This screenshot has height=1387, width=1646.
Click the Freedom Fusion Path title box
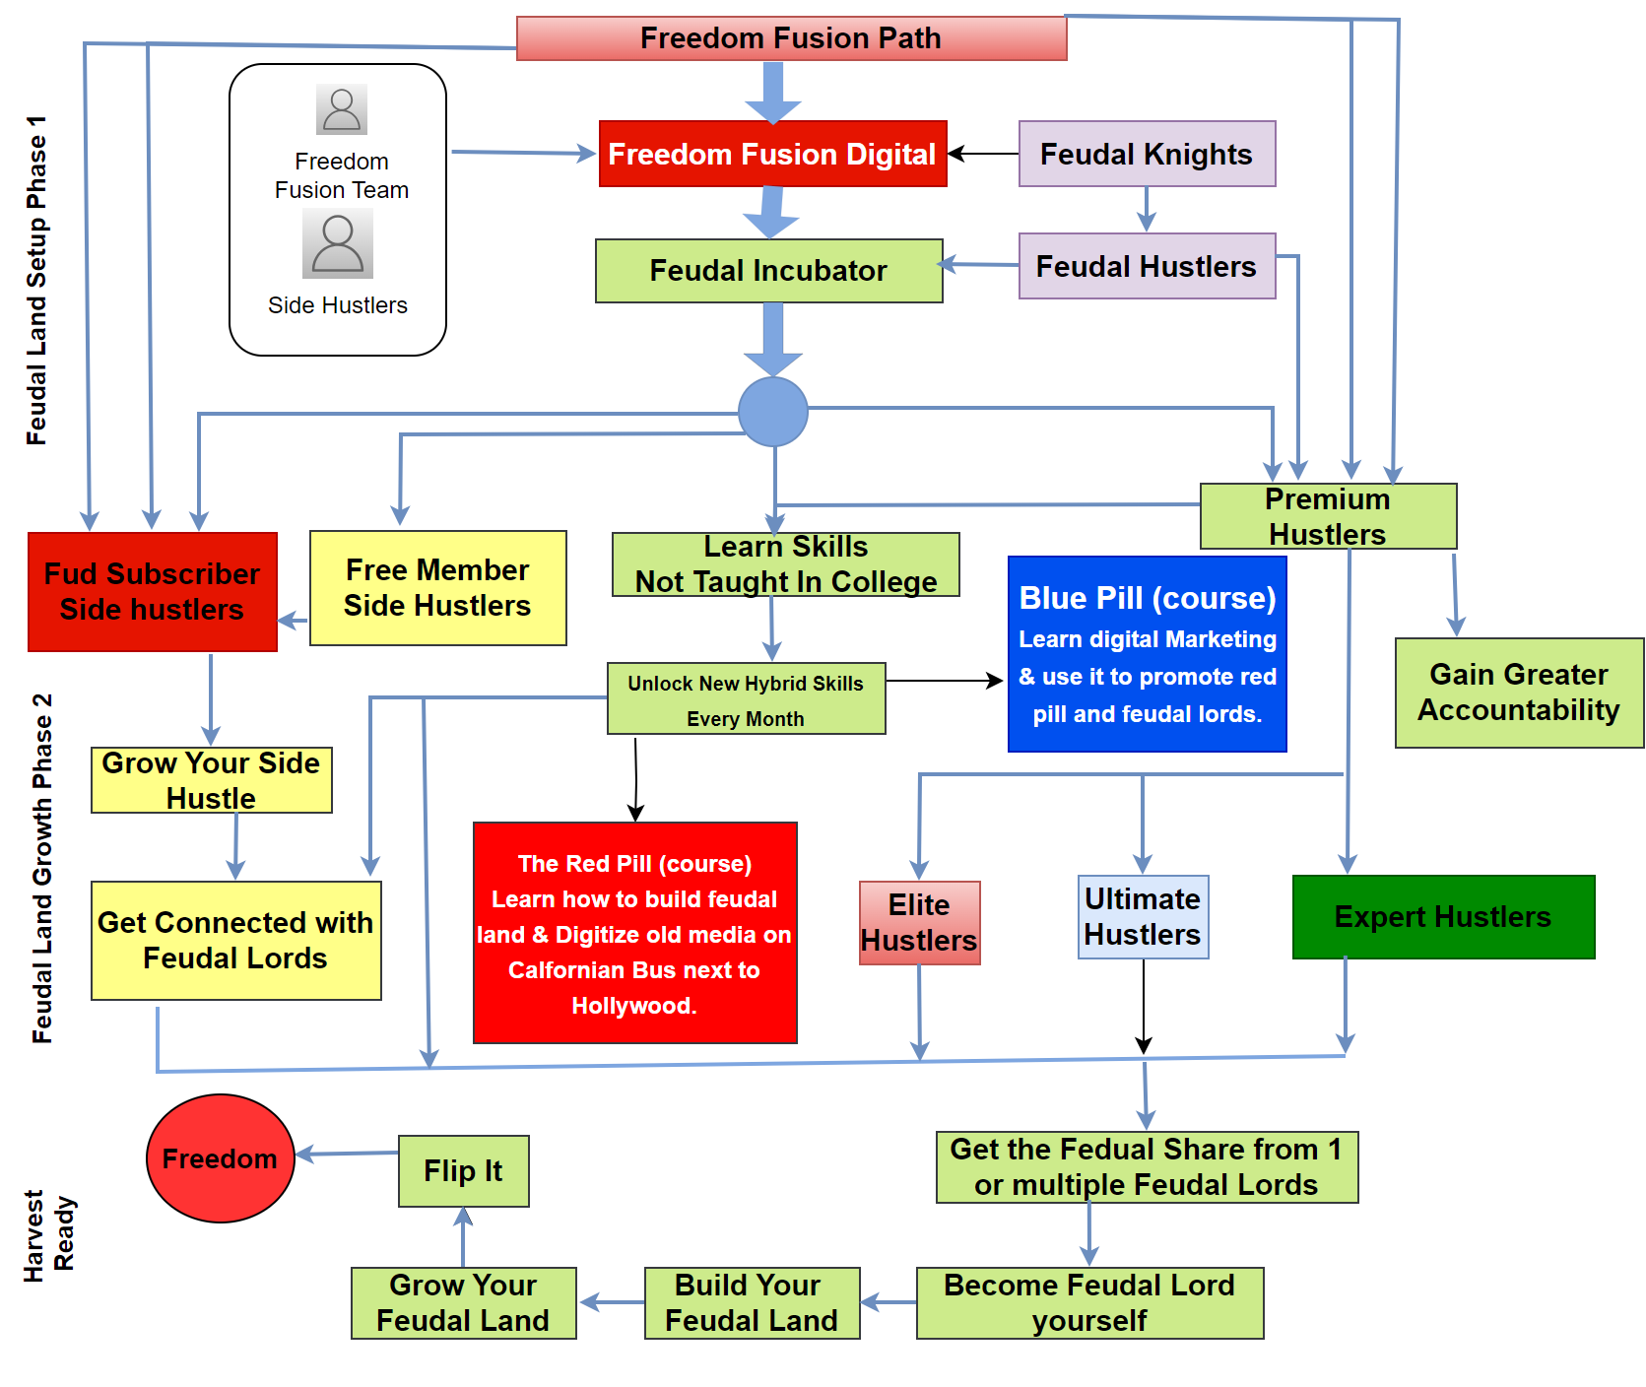791,38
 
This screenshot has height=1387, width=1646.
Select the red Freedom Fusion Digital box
772,154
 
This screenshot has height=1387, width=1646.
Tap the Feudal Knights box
1147,154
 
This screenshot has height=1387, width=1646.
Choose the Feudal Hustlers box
1147,266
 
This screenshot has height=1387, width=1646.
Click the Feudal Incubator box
768,271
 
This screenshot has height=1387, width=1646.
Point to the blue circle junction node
773,412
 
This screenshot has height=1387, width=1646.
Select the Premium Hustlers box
1328,516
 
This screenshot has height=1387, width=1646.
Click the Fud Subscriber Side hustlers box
153,592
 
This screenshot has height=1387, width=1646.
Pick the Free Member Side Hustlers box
437,588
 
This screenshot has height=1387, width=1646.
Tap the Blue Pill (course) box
1148,654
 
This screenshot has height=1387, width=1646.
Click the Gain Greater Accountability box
1519,693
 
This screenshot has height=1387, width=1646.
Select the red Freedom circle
221,1158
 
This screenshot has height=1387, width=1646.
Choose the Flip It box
463,1171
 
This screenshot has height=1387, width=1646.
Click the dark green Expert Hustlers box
1443,917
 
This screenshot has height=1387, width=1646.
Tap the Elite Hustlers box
919,923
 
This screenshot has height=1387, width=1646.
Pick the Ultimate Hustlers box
1143,917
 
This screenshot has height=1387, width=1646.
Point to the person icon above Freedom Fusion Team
342,109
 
